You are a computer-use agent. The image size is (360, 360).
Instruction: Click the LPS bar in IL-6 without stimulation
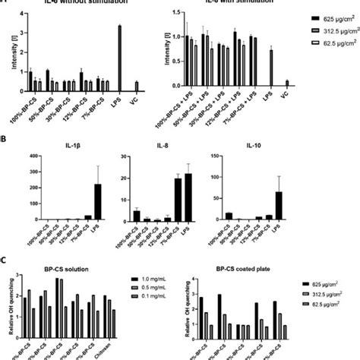[140, 58]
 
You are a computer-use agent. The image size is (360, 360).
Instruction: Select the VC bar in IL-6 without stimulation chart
[157, 86]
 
